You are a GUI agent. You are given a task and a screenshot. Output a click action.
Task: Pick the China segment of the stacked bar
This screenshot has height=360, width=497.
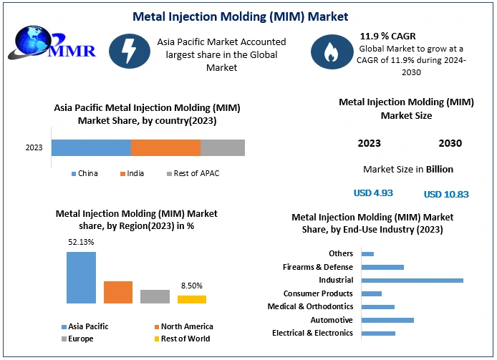click(x=91, y=147)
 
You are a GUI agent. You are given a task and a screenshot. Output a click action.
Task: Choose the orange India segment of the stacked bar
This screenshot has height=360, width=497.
click(x=165, y=147)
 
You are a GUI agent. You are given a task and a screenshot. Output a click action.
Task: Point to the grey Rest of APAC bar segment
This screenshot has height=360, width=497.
click(x=222, y=147)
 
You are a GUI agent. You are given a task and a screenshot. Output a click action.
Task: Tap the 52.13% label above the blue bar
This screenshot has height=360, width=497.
click(x=81, y=242)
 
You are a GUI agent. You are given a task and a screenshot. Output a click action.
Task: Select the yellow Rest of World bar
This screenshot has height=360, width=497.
click(x=192, y=299)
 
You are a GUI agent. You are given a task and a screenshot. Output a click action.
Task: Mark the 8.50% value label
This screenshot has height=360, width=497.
click(x=191, y=285)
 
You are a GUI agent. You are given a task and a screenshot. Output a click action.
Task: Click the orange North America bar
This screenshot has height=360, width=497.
click(x=118, y=292)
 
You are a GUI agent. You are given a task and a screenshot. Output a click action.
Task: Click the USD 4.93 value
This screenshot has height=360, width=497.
click(x=373, y=193)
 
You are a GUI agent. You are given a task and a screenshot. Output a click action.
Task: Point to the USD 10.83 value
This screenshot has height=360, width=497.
click(x=446, y=194)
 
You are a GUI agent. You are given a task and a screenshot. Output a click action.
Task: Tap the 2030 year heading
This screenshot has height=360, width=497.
click(x=450, y=143)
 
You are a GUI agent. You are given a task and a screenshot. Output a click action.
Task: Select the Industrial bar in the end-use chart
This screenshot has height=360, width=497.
click(x=412, y=280)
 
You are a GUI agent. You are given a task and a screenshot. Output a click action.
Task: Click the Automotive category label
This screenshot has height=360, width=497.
click(x=332, y=320)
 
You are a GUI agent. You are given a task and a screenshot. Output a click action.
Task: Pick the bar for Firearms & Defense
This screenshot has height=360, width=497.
click(x=383, y=267)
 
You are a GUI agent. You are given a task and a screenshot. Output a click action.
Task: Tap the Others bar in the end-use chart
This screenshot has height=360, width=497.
click(x=368, y=253)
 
